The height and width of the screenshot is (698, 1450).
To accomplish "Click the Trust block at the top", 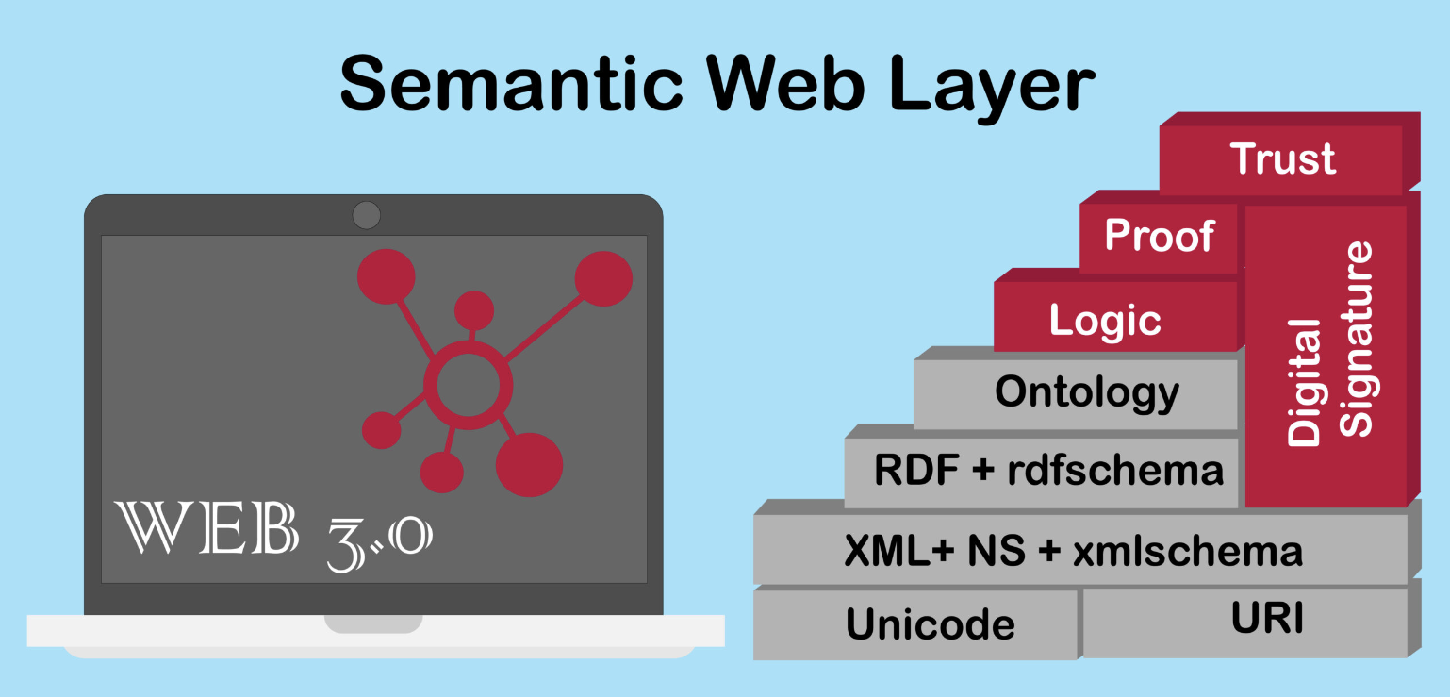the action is (x=1288, y=156).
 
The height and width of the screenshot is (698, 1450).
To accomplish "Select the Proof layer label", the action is (x=1160, y=234).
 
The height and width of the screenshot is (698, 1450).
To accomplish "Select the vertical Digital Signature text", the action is (x=1329, y=344).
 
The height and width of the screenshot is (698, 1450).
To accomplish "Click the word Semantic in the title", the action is (x=511, y=84).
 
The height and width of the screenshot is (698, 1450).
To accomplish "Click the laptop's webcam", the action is (x=367, y=215).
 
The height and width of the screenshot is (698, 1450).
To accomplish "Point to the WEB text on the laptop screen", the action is (x=206, y=527).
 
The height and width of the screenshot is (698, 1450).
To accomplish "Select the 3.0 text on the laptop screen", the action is (x=379, y=543).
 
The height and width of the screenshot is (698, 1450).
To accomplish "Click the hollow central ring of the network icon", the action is (x=468, y=385).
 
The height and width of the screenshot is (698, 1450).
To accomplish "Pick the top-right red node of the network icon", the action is (x=603, y=278).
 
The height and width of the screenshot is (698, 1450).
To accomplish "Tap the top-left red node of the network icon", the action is (x=387, y=276).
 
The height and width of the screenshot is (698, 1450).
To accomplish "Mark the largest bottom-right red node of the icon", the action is (x=530, y=465).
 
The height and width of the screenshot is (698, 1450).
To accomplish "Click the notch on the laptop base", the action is (x=373, y=623).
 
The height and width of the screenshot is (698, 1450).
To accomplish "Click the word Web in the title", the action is (x=785, y=84).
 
